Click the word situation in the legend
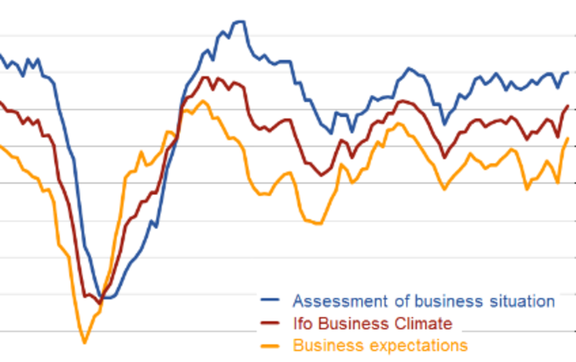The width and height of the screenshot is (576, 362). (x=519, y=301)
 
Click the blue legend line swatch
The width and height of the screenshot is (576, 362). (x=270, y=301)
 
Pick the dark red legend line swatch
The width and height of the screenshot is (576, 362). (x=270, y=323)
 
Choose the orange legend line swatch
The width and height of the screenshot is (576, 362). (x=270, y=345)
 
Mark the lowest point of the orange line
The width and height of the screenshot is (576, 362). (x=84, y=342)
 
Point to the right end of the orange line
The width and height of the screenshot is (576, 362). (x=568, y=138)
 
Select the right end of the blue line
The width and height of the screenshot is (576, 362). (x=568, y=73)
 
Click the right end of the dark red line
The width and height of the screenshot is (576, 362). (x=568, y=106)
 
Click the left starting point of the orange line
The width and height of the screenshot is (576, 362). (x=1, y=146)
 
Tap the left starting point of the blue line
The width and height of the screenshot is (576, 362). (x=1, y=55)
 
